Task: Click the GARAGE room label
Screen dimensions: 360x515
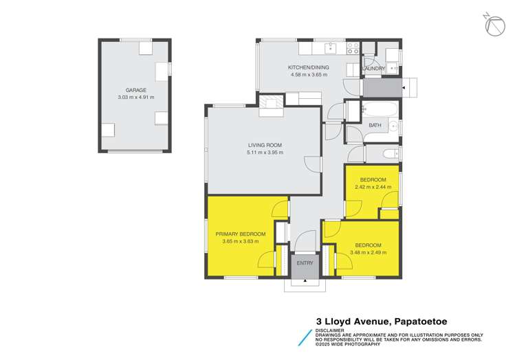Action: click(x=135, y=90)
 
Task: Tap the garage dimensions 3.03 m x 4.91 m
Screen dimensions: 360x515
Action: click(x=135, y=97)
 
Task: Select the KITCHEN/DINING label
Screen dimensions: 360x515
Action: click(x=308, y=67)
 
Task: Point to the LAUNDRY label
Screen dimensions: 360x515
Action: click(x=373, y=69)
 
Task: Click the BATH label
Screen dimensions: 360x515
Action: click(x=375, y=125)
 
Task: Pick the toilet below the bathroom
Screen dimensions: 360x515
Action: click(x=389, y=153)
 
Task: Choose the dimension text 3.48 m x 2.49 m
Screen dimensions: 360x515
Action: click(x=368, y=252)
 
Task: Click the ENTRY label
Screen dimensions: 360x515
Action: click(x=305, y=262)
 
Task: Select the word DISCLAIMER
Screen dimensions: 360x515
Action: click(x=329, y=330)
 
